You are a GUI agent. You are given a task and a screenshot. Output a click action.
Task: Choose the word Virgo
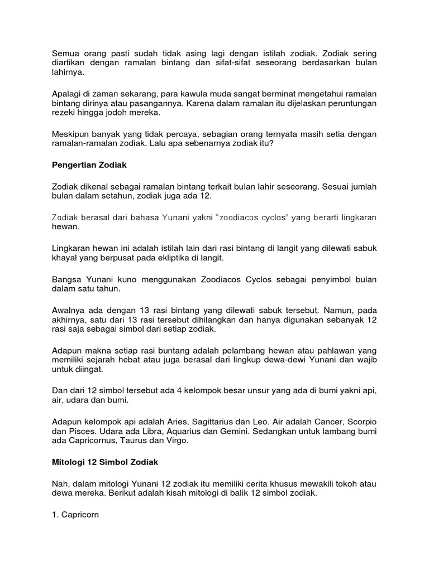point(178,442)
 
